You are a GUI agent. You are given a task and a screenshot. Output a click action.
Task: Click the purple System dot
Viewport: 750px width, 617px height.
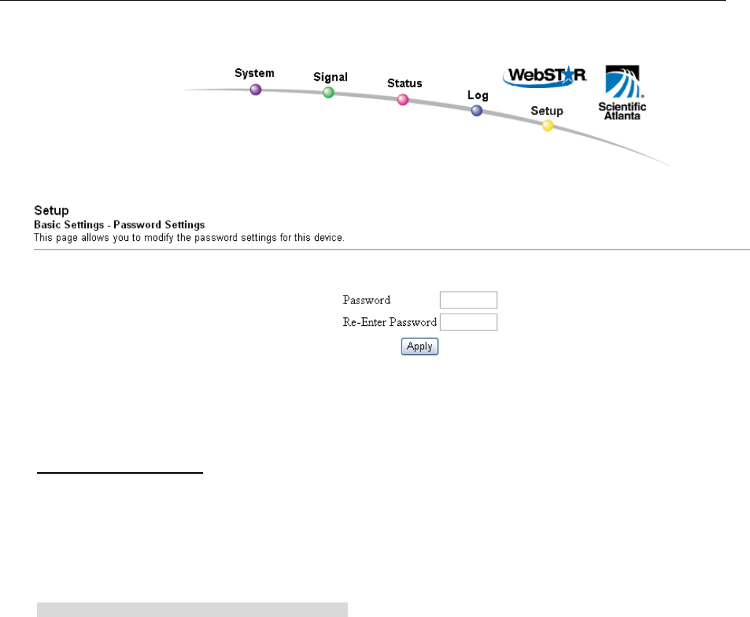[x=255, y=90]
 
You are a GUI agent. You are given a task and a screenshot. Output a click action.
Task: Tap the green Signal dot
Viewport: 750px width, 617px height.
[x=329, y=92]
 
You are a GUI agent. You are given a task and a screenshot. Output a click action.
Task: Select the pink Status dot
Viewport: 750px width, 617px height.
[x=403, y=100]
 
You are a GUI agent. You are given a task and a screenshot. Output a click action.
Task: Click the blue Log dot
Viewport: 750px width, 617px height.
[x=476, y=111]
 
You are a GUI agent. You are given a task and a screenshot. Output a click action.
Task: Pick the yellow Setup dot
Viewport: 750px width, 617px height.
[x=548, y=125]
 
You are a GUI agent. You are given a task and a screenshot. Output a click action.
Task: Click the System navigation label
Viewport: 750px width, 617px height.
[x=255, y=73]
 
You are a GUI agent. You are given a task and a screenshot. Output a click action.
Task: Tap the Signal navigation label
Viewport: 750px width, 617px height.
[x=330, y=76]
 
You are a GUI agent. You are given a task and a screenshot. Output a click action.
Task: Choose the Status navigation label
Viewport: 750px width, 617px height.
[x=404, y=84]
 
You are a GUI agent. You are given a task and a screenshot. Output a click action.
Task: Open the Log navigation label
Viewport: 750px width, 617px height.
[x=478, y=95]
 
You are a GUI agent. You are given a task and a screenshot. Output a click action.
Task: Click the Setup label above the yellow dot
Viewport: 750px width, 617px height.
[x=546, y=111]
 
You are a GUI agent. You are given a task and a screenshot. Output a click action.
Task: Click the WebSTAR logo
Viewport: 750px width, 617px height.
[x=545, y=76]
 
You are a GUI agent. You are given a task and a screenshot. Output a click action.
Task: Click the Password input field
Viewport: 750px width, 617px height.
[x=468, y=300]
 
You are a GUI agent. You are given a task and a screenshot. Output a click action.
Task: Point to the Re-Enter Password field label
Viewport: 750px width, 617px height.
[x=389, y=322]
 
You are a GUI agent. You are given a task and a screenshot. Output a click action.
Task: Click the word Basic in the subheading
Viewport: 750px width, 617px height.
[x=47, y=224]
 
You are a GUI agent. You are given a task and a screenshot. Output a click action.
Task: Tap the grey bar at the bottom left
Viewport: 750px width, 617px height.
[x=193, y=609]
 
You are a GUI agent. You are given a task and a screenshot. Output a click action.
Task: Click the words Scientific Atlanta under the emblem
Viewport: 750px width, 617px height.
[x=622, y=110]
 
